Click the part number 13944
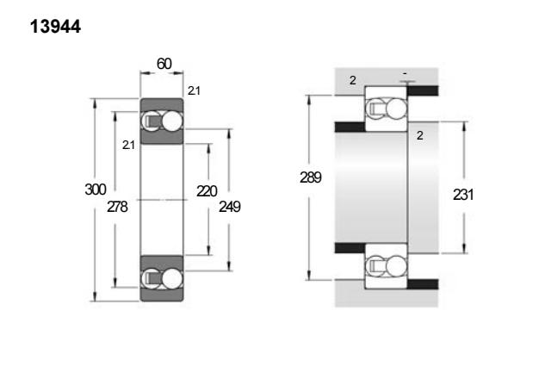[x=55, y=27]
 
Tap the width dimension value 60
[x=164, y=64]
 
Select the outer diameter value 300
[x=96, y=189]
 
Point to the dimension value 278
[x=117, y=207]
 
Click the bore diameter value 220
[x=207, y=191]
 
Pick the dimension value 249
[x=230, y=207]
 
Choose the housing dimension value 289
[x=311, y=177]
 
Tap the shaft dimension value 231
[x=463, y=195]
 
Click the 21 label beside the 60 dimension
[x=194, y=90]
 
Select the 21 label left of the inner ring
[x=128, y=145]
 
